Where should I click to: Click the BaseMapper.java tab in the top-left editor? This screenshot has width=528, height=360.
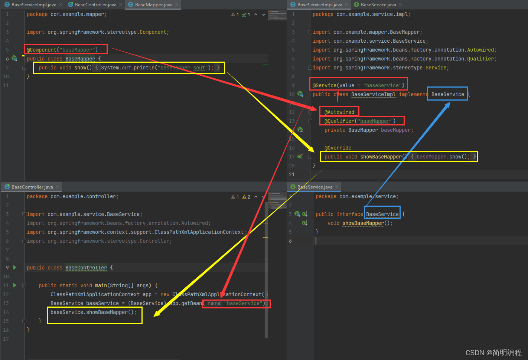point(153,5)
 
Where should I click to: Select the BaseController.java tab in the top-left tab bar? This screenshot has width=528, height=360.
point(95,5)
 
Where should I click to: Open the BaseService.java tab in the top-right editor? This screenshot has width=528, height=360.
point(378,5)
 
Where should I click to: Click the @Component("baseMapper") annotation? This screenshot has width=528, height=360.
point(62,50)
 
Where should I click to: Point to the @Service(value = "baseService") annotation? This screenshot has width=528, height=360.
point(358,85)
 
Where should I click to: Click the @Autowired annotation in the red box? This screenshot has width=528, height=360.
point(339,112)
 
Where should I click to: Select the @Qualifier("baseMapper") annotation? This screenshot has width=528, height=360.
point(360,121)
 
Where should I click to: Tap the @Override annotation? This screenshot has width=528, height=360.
point(338,148)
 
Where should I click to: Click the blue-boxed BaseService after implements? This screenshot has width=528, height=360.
point(447,94)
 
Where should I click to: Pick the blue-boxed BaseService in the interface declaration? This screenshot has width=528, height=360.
point(382,214)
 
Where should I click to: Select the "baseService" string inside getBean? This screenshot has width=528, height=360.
point(243,303)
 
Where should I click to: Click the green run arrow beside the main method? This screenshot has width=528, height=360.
point(15,285)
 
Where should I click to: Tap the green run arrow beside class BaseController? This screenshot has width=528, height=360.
point(15,268)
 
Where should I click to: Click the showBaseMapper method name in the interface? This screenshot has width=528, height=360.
point(363,223)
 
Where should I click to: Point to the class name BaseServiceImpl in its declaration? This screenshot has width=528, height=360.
point(373,94)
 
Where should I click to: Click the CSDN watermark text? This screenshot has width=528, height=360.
point(493,353)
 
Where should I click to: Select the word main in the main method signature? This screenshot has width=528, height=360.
point(101,285)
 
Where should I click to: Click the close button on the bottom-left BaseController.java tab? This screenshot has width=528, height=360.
point(57,187)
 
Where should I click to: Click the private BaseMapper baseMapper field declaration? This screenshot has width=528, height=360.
point(369,130)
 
